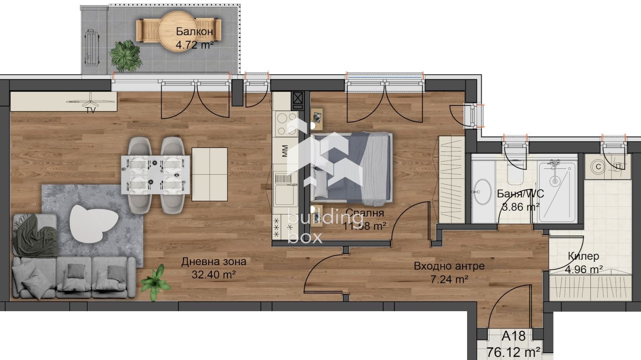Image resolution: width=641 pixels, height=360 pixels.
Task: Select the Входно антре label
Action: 449,266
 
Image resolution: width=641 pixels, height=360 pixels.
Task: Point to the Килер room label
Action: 583,256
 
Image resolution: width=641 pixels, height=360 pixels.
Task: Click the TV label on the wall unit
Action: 91,110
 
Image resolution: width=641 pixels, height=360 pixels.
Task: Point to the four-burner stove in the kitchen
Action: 286,124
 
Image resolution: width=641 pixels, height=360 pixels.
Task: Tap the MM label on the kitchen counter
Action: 285,150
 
